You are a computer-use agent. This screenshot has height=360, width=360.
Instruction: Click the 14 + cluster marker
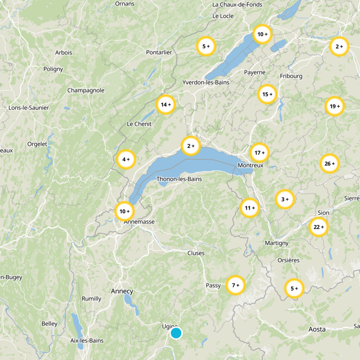pyautogui.click(x=165, y=105)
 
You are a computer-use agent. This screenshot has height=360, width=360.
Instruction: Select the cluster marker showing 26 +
pyautogui.click(x=329, y=164)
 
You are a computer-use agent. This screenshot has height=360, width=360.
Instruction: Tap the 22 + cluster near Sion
pyautogui.click(x=319, y=227)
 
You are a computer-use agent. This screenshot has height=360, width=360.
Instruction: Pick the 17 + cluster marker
pyautogui.click(x=259, y=153)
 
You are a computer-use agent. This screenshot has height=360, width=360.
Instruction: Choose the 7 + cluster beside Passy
pyautogui.click(x=235, y=285)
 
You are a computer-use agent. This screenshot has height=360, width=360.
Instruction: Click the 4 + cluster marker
pyautogui.click(x=126, y=159)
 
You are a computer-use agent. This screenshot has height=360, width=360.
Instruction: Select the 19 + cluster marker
pyautogui.click(x=334, y=107)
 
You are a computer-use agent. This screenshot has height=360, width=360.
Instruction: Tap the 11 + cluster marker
pyautogui.click(x=249, y=208)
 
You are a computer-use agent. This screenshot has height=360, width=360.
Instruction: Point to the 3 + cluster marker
pyautogui.click(x=284, y=199)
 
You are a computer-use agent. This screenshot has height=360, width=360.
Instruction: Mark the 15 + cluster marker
pyautogui.click(x=267, y=94)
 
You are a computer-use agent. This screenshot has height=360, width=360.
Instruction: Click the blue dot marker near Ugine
pyautogui.click(x=176, y=333)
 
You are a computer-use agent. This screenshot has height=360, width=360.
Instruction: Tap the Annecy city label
pyautogui.click(x=122, y=291)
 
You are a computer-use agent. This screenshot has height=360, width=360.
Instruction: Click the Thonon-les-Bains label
pyautogui.click(x=179, y=179)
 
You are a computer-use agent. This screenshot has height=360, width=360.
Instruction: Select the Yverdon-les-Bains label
pyautogui.click(x=206, y=82)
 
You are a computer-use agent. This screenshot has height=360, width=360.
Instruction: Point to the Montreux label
pyautogui.click(x=250, y=166)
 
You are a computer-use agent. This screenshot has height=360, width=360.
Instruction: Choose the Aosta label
pyautogui.click(x=317, y=329)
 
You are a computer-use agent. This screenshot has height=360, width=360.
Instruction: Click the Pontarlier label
pyautogui.click(x=159, y=52)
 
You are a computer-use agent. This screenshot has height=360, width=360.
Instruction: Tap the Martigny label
pyautogui.click(x=276, y=243)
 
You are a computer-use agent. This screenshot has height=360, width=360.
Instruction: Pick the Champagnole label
pyautogui.click(x=85, y=90)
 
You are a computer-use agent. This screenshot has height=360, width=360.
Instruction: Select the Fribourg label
pyautogui.click(x=291, y=76)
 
